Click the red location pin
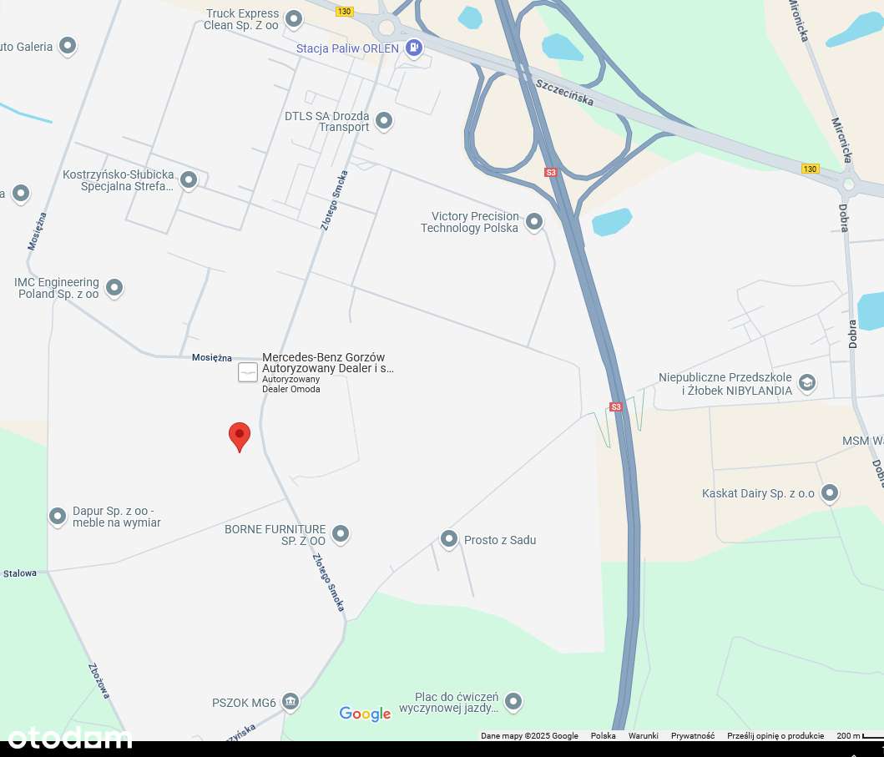pyautogui.click(x=240, y=435)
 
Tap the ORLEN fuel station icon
pyautogui.click(x=413, y=48)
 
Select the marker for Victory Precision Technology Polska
pyautogui.click(x=534, y=222)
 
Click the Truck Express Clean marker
pyautogui.click(x=294, y=18)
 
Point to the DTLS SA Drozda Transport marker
pyautogui.click(x=384, y=121)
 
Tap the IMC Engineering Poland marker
pyautogui.click(x=114, y=288)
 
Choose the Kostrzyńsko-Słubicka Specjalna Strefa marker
pyautogui.click(x=189, y=179)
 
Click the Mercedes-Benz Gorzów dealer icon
pyautogui.click(x=248, y=372)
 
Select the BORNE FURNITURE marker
pyautogui.click(x=340, y=533)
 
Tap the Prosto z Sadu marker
pyautogui.click(x=449, y=539)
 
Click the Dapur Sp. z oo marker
pyautogui.click(x=58, y=517)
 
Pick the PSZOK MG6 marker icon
pyautogui.click(x=290, y=701)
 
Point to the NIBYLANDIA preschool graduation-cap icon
pyautogui.click(x=806, y=383)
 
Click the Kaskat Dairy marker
pyautogui.click(x=829, y=492)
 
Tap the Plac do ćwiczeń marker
pyautogui.click(x=513, y=702)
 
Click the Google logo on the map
pyautogui.click(x=365, y=714)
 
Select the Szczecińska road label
pyautogui.click(x=564, y=92)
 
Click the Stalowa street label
pyautogui.click(x=20, y=573)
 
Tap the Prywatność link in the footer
pyautogui.click(x=692, y=735)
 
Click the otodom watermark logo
pyautogui.click(x=70, y=737)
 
